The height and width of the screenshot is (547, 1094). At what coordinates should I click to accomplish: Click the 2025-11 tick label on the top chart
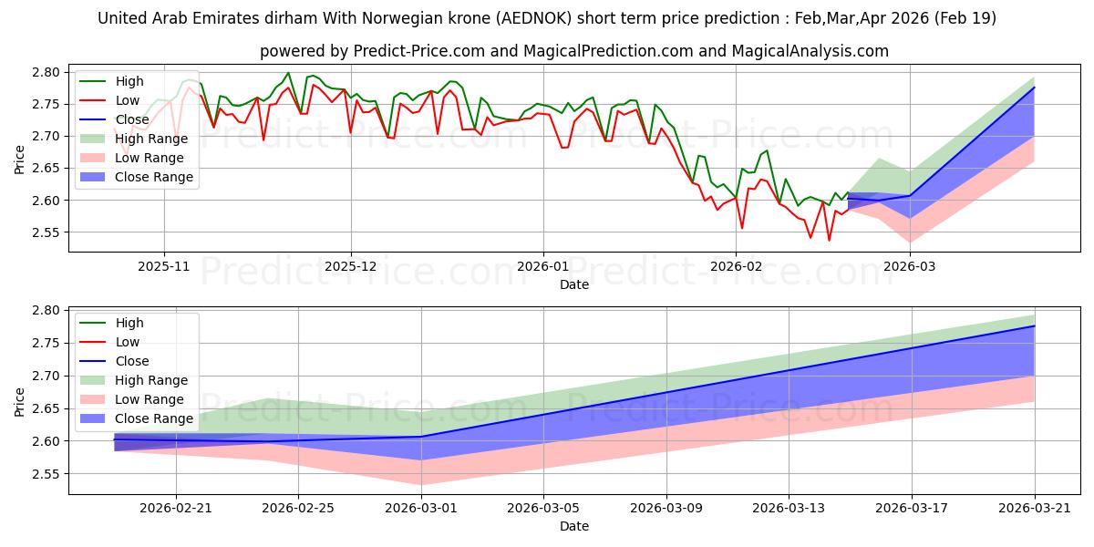coord(164,266)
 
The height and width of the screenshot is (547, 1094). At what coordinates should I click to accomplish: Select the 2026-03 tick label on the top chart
coord(910,266)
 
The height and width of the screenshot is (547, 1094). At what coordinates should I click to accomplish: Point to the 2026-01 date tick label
coord(543,266)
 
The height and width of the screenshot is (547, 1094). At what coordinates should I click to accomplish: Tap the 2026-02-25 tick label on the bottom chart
coord(298,509)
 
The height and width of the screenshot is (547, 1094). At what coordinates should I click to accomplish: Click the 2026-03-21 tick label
coord(1035,509)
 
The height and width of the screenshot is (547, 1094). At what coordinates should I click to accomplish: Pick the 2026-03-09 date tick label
coord(666,509)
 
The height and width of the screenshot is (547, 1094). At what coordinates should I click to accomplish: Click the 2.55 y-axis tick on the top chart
coord(46,232)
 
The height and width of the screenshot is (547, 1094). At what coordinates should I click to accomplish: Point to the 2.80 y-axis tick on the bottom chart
coord(46,311)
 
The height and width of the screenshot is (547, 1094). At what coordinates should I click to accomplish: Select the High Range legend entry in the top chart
coord(133,139)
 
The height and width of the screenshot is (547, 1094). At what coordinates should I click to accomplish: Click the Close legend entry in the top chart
coord(114,119)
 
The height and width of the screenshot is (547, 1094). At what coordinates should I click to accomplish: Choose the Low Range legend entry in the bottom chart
coord(131,399)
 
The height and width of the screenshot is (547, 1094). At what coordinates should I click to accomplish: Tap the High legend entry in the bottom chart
coord(111,323)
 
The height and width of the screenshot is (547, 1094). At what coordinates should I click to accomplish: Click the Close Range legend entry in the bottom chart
coord(136,418)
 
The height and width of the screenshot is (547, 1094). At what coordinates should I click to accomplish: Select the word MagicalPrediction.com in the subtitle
coord(608,51)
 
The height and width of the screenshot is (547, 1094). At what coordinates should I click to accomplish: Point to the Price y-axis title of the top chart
coord(19,160)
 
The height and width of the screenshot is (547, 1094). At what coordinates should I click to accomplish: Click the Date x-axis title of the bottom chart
coord(574,526)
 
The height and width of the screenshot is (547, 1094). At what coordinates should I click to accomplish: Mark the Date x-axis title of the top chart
coord(574,284)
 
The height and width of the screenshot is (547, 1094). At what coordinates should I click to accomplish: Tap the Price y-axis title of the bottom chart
coord(19,402)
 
